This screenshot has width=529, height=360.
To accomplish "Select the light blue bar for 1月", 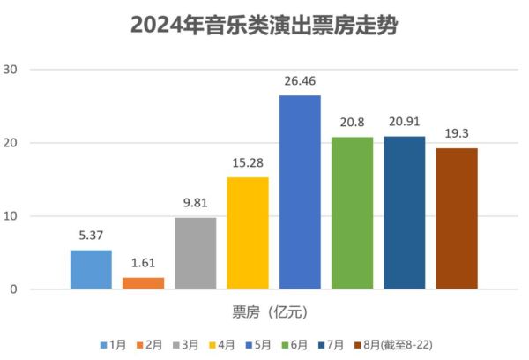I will [x=91, y=269].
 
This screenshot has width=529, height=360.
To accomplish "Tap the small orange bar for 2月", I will [x=143, y=283].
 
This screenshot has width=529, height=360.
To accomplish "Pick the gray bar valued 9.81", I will [x=196, y=253].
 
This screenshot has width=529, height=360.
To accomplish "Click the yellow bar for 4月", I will [x=248, y=233].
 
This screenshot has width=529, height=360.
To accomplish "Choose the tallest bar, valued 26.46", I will [x=300, y=192].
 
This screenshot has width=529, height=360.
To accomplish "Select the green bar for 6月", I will [x=353, y=213].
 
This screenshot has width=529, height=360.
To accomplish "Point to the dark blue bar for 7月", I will [x=405, y=213].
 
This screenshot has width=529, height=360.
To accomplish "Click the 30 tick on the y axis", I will [x=11, y=70].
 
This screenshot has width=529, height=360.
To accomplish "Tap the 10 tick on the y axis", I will [x=11, y=216].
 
